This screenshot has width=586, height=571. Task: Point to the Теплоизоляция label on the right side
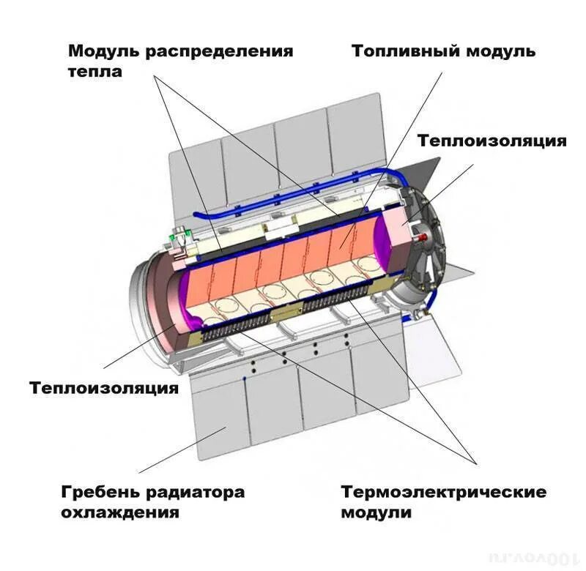pyautogui.click(x=492, y=141)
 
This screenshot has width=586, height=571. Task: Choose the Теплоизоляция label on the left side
pyautogui.click(x=104, y=388)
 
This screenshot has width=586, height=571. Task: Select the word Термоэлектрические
pyautogui.click(x=443, y=492)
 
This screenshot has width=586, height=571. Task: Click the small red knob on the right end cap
pyautogui.click(x=423, y=237)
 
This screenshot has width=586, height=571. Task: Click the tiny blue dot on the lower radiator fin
pyautogui.click(x=242, y=378)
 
